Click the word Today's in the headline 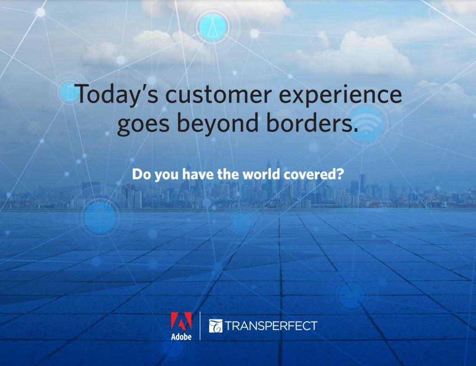click(x=117, y=95)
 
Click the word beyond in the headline click(x=217, y=123)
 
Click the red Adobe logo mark click(x=181, y=321)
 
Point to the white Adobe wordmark click(x=181, y=337)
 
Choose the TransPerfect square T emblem click(x=215, y=326)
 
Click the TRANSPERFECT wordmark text click(x=271, y=326)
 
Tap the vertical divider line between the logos click(x=200, y=326)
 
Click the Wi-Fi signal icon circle click(x=367, y=124)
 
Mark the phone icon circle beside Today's click(x=70, y=93)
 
